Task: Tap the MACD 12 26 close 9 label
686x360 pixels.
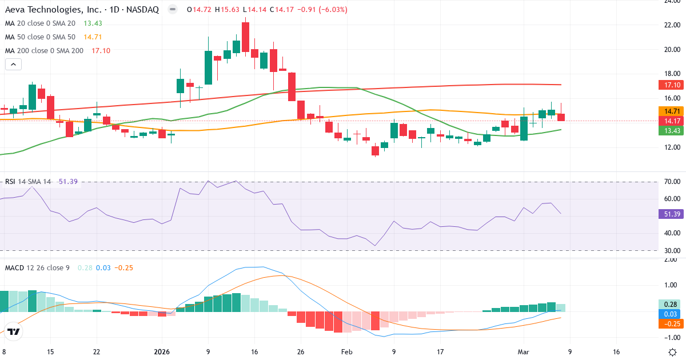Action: coord(37,267)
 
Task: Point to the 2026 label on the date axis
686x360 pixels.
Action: coord(162,353)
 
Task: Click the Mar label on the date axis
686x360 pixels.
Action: coord(523,353)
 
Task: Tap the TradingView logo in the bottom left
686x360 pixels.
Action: coord(14,331)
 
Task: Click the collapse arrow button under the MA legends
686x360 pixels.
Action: coord(13,65)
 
